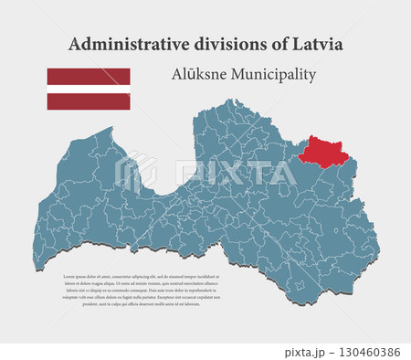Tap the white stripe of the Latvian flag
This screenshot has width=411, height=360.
(89, 89)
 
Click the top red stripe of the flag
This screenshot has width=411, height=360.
(89, 76)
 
